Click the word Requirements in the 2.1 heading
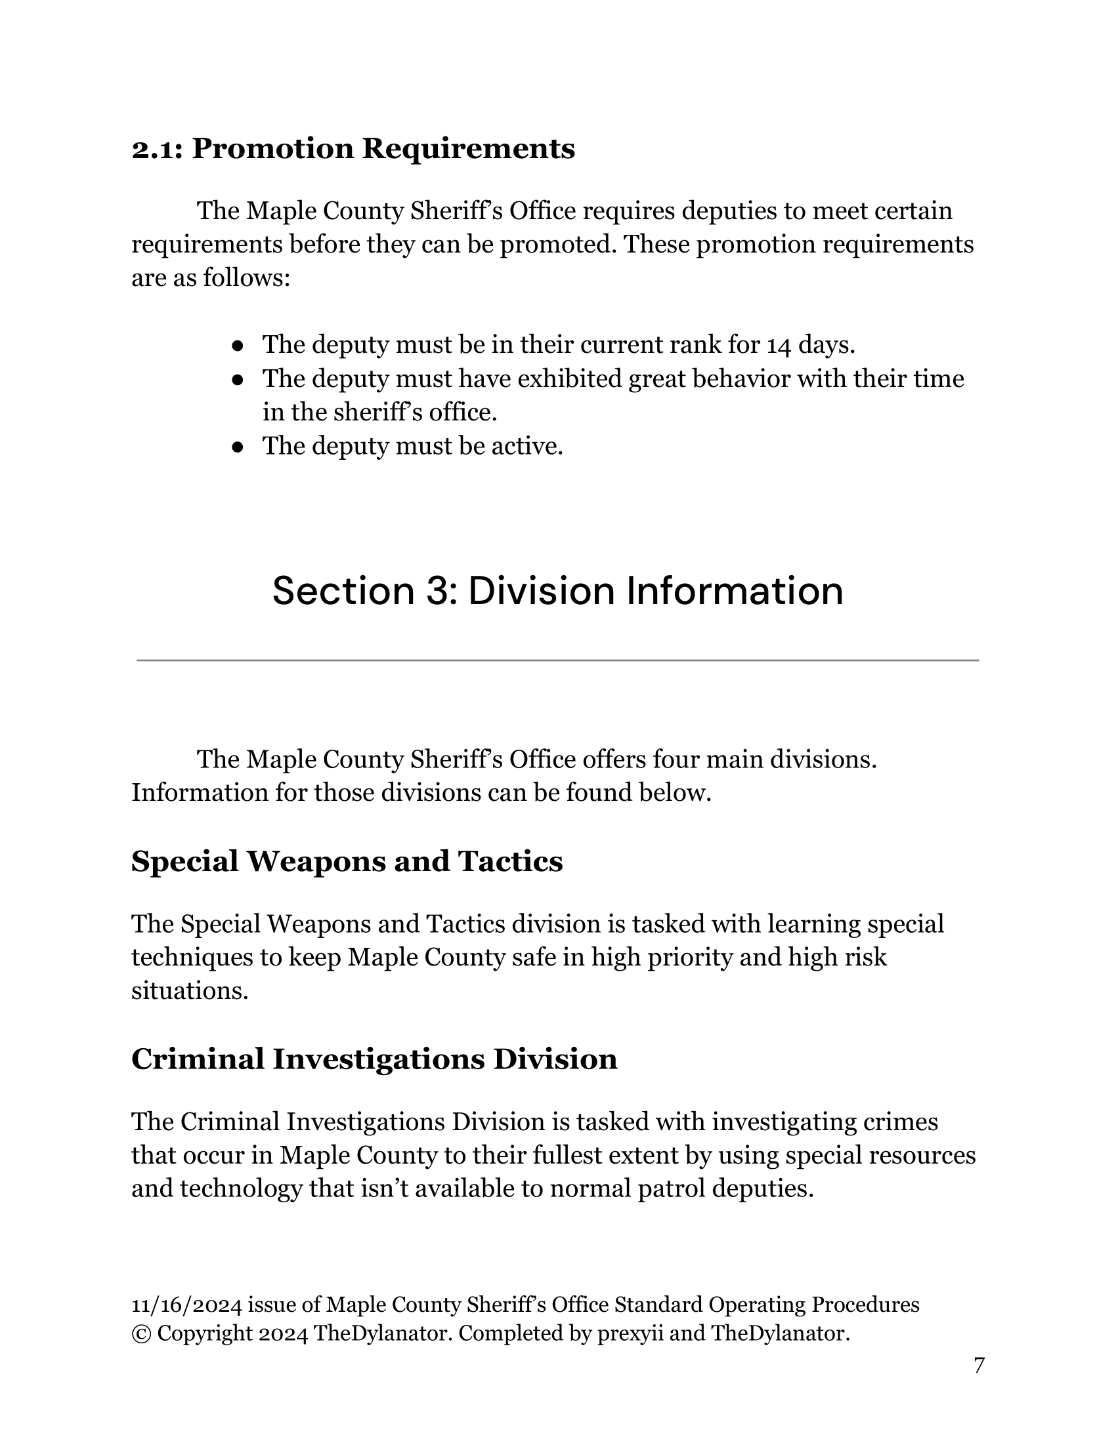coord(468,150)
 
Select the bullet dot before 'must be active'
coord(238,447)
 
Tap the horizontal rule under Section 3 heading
coord(557,660)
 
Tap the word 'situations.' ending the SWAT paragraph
coord(190,991)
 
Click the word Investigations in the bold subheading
coord(379,1059)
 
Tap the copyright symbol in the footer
coord(141,1334)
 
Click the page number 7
coord(979,1366)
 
